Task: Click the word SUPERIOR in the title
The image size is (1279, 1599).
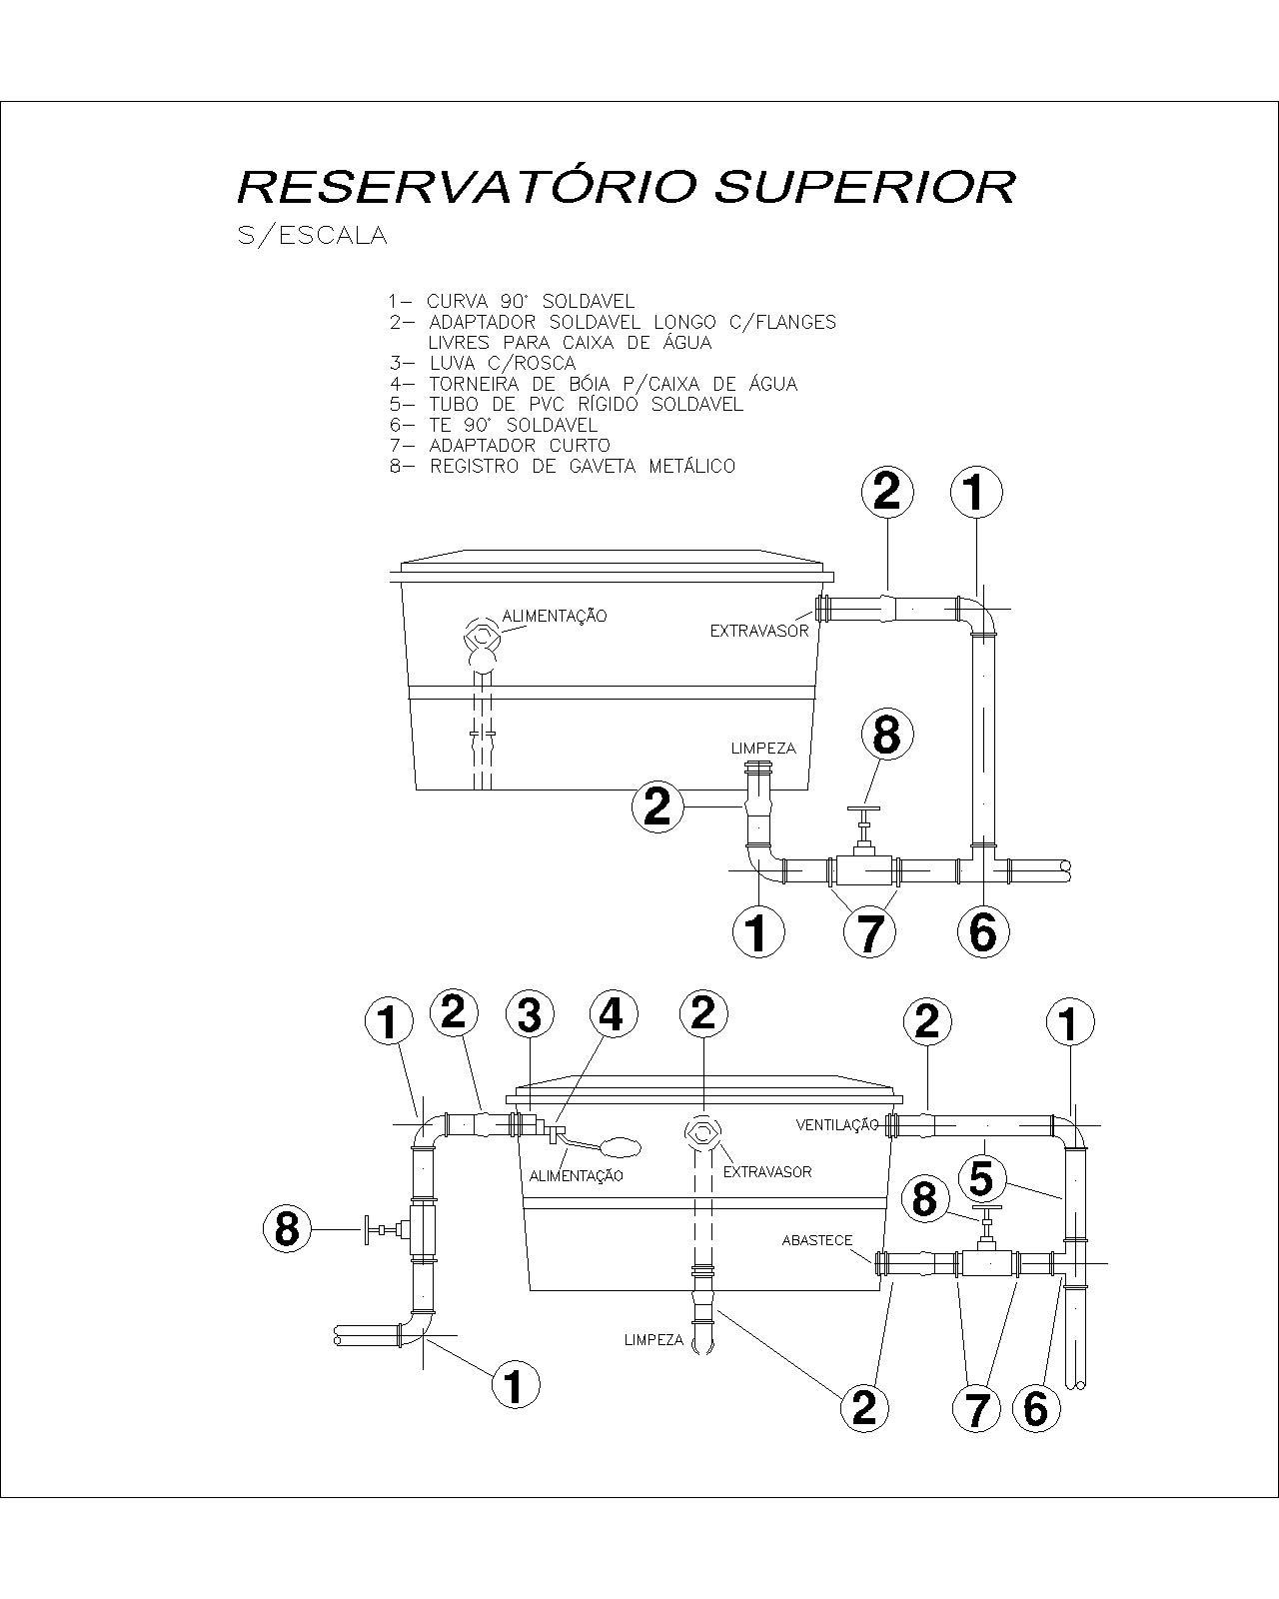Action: pyautogui.click(x=865, y=187)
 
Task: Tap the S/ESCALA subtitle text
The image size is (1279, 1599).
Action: pyautogui.click(x=312, y=237)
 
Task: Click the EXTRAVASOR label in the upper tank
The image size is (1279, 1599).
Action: pyautogui.click(x=758, y=632)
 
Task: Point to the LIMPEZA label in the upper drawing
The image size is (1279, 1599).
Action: pyautogui.click(x=762, y=749)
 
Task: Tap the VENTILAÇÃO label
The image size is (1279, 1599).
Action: pyautogui.click(x=836, y=1124)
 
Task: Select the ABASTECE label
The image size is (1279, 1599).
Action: pyautogui.click(x=816, y=1240)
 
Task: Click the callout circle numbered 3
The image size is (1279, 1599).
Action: pyautogui.click(x=530, y=1016)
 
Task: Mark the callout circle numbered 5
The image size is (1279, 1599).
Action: pyautogui.click(x=981, y=1178)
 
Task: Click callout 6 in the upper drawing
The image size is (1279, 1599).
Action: pyautogui.click(x=982, y=931)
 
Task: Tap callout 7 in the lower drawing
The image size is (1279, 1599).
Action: pyautogui.click(x=976, y=1409)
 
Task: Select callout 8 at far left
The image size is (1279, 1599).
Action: pyautogui.click(x=287, y=1228)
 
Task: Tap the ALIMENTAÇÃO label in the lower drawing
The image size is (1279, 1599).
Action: pyautogui.click(x=577, y=1175)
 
